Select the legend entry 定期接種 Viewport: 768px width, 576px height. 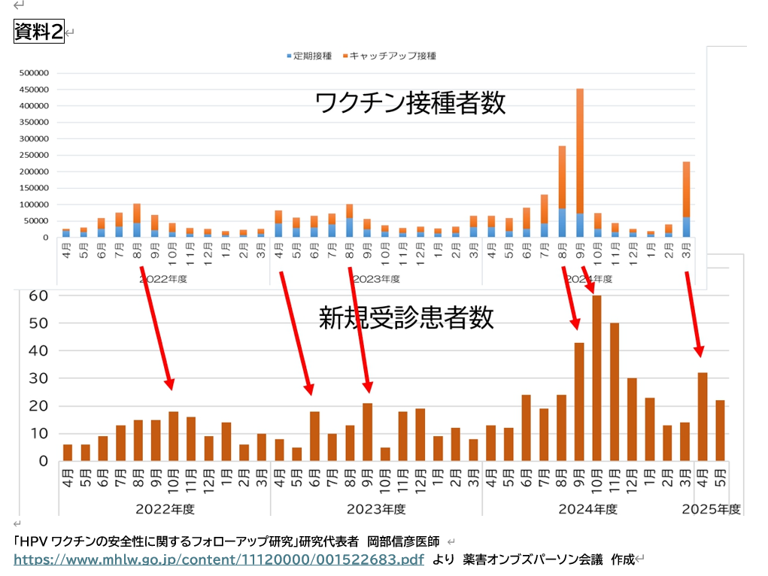point(308,56)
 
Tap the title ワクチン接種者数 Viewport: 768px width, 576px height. point(410,103)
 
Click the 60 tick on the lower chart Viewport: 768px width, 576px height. point(38,296)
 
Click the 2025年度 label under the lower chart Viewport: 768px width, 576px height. point(711,509)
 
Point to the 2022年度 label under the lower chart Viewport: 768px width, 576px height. point(165,509)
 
